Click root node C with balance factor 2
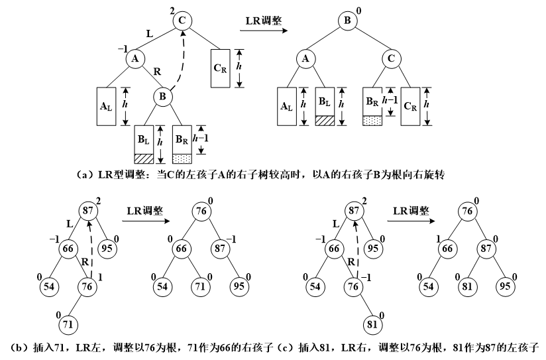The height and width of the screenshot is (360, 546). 184,20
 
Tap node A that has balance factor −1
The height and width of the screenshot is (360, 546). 135,58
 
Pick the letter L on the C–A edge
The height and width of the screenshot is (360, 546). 149,32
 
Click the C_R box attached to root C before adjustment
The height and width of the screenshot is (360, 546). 221,68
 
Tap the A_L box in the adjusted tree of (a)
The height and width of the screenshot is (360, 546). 287,105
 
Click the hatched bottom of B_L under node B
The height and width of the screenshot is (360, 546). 144,159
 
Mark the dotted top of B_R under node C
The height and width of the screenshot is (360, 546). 372,121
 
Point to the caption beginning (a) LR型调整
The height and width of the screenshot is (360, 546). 264,175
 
